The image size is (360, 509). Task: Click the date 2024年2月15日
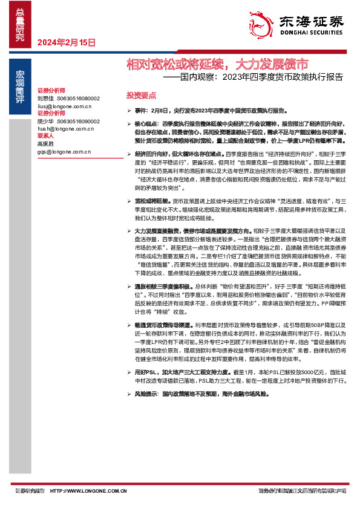point(67,42)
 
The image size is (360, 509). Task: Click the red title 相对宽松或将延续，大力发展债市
point(217,64)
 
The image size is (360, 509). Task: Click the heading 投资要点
point(141,96)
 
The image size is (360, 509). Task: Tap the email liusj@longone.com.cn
point(64,106)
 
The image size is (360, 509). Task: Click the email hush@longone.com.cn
point(64,129)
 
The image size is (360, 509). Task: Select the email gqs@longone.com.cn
point(64,152)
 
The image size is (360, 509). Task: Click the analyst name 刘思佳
point(46,98)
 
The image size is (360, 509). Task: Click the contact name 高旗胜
point(46,144)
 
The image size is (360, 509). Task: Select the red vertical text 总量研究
point(20,24)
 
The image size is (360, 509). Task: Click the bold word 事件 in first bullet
point(140,111)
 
